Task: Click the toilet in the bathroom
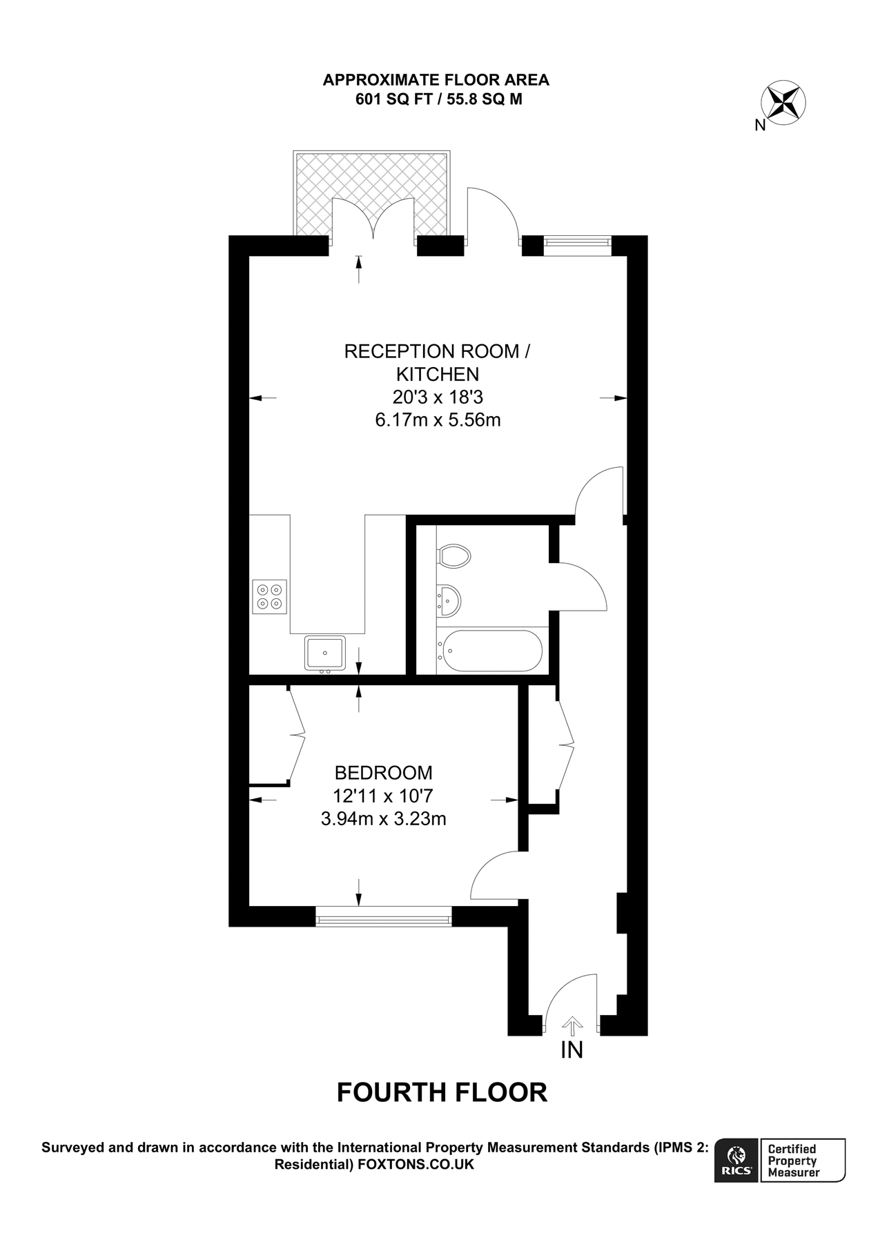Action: (x=454, y=555)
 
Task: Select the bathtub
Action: (x=492, y=650)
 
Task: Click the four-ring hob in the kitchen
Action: (x=269, y=597)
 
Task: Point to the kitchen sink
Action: (x=324, y=652)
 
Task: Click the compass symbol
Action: (x=784, y=102)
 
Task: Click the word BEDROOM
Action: (x=383, y=773)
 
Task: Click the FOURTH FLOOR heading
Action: (x=442, y=1092)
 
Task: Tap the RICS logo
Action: (x=736, y=1161)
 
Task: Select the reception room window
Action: (x=577, y=241)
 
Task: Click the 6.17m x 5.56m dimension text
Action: (x=438, y=420)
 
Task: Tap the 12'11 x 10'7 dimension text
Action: (x=383, y=796)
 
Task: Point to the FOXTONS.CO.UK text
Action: (x=416, y=1165)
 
